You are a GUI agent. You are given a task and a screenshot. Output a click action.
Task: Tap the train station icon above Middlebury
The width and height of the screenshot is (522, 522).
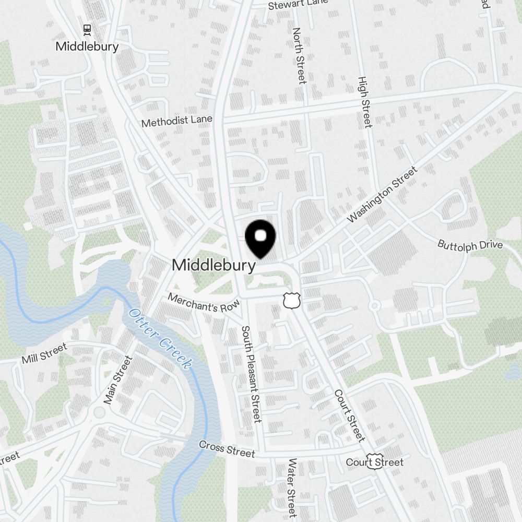point(87,30)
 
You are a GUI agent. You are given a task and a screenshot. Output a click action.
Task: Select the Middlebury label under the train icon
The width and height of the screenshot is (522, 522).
point(87,46)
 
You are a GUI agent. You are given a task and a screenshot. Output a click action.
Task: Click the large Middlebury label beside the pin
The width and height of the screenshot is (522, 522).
point(213,265)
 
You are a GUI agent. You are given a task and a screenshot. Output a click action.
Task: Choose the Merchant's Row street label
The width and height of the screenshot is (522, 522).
point(203,302)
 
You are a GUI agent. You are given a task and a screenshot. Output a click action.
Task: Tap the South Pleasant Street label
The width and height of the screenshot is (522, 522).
point(251,374)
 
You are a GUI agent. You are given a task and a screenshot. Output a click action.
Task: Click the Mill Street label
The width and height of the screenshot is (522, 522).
point(44,353)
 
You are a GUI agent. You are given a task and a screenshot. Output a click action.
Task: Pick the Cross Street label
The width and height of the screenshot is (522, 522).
point(227,448)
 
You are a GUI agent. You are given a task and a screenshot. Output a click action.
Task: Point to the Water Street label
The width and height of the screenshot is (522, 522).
point(292,488)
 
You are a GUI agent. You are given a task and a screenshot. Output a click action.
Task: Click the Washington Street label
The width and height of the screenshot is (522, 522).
point(383,194)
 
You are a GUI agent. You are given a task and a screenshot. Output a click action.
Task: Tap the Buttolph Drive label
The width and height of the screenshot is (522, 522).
point(470,245)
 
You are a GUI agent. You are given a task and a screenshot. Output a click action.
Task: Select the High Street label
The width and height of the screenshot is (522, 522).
point(364,102)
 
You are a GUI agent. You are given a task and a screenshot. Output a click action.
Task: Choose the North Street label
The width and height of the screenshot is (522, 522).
point(299,56)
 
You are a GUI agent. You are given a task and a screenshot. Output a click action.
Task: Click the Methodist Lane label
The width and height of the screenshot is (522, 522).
point(177,122)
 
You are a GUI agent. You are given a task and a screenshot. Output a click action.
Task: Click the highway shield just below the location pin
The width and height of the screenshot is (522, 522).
point(290,300)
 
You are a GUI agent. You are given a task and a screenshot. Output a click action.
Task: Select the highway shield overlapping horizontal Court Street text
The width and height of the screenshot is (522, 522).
point(374,461)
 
